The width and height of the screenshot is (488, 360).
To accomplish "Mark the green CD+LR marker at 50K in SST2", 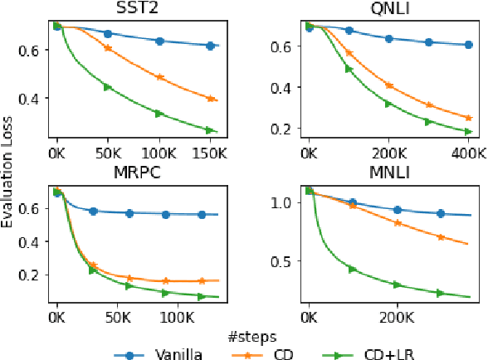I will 108,87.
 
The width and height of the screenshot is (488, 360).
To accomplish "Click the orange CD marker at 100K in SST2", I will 159,77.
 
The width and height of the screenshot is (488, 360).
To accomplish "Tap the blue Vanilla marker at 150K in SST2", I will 211,46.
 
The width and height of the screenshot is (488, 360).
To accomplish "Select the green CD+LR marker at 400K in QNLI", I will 468,131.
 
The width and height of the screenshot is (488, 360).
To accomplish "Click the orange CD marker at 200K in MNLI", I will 397,222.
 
